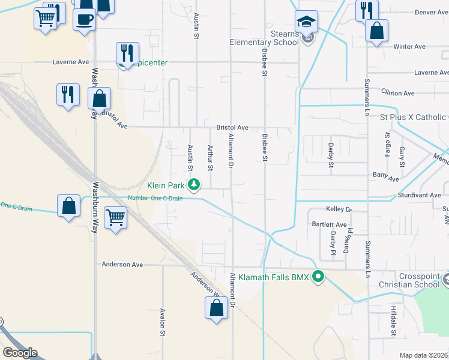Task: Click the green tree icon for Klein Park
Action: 194,184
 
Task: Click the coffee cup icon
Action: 84,19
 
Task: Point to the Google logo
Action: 19,353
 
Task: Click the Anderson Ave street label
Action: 122,264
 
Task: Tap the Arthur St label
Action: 210,157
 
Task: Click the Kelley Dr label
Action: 338,209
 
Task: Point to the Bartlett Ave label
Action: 329,225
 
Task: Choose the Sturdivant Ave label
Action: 420,195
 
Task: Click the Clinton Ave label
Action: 398,93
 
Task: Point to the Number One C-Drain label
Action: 155,199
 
